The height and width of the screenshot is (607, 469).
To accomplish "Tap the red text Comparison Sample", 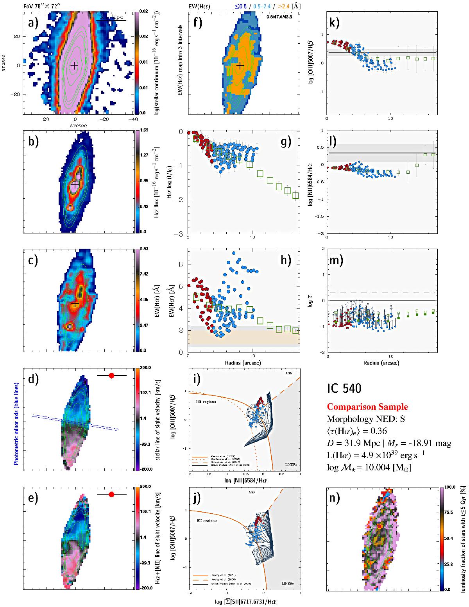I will point(367,407).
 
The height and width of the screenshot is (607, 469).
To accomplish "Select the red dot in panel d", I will point(111,376).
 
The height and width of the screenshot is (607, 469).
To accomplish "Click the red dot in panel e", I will point(111,494).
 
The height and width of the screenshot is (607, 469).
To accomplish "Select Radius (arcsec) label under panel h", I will point(244,363).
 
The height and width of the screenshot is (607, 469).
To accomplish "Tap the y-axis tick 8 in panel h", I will point(181,264).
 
